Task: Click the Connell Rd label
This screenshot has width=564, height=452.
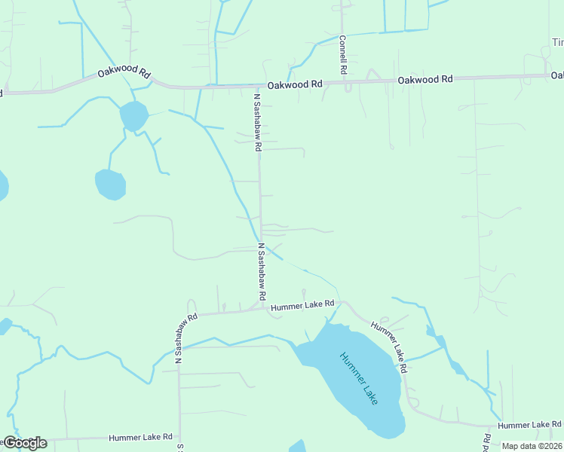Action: [342, 54]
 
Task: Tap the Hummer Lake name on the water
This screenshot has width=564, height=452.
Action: [358, 378]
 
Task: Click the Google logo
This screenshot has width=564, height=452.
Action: [25, 443]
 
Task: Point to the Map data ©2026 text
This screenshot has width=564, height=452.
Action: [531, 446]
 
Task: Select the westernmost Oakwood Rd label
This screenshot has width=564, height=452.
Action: [124, 75]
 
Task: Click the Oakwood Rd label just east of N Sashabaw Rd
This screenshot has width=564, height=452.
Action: [295, 84]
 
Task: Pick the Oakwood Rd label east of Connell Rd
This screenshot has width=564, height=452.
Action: [425, 79]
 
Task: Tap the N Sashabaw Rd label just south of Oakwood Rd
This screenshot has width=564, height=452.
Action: [256, 122]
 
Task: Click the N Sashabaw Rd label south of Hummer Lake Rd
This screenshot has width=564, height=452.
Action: [179, 338]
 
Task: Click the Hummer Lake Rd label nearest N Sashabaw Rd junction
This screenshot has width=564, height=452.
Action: [302, 305]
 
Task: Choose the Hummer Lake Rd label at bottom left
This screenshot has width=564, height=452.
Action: [140, 437]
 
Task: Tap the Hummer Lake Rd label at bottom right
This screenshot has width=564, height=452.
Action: [529, 426]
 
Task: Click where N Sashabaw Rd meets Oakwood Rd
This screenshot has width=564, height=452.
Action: [258, 87]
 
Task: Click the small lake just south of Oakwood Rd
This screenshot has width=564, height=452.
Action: [133, 116]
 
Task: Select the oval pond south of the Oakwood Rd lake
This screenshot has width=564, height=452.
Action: [110, 185]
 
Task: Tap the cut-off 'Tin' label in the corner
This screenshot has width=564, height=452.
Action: [556, 43]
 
